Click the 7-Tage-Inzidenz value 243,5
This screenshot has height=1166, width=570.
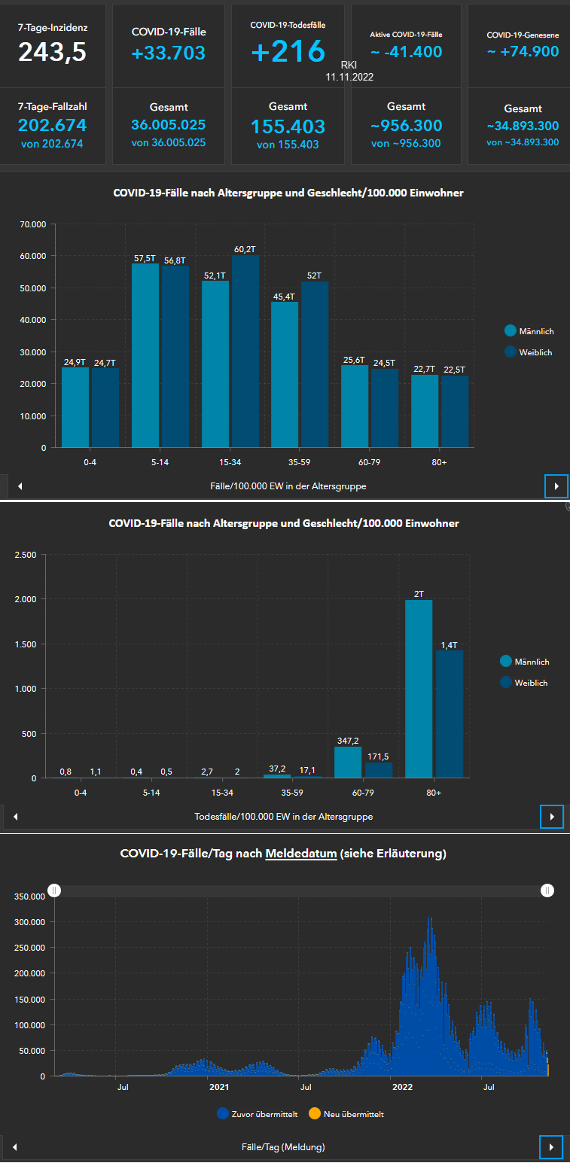tap(53, 52)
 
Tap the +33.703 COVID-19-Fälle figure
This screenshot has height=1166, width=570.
tap(169, 53)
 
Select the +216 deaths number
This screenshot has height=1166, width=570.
tap(288, 51)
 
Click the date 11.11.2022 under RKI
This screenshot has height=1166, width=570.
tap(349, 77)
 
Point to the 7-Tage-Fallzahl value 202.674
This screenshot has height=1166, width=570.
tap(52, 125)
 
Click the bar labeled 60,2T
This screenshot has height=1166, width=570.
tap(245, 351)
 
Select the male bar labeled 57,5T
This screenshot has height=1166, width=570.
tap(145, 355)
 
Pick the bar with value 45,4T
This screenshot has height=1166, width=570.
tap(285, 374)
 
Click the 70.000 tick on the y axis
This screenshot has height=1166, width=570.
tap(33, 224)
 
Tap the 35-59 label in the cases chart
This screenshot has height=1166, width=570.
tap(300, 462)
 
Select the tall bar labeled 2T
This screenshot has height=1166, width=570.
tap(419, 688)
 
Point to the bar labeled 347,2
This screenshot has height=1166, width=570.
tap(348, 762)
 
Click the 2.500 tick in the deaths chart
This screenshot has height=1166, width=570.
tap(26, 555)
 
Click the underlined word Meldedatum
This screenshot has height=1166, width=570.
tap(300, 854)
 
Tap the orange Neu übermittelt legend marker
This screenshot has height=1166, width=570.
tap(315, 1113)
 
